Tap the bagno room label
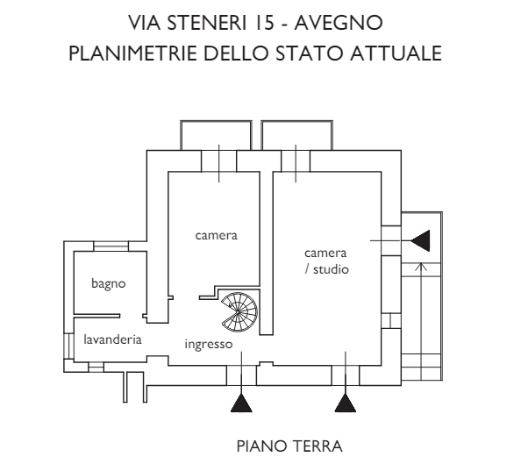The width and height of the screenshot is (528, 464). (x=108, y=283)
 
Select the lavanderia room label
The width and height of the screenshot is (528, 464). (x=113, y=339)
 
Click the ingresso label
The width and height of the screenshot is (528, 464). (x=208, y=344)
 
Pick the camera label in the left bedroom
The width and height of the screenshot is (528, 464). (x=217, y=235)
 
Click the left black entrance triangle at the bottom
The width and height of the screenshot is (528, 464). (x=240, y=403)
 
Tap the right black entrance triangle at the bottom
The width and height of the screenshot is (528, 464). (x=346, y=403)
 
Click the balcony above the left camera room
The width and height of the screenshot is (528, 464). (x=218, y=134)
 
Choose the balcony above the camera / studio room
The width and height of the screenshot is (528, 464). (x=296, y=134)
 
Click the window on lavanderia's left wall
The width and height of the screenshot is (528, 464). (x=67, y=344)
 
